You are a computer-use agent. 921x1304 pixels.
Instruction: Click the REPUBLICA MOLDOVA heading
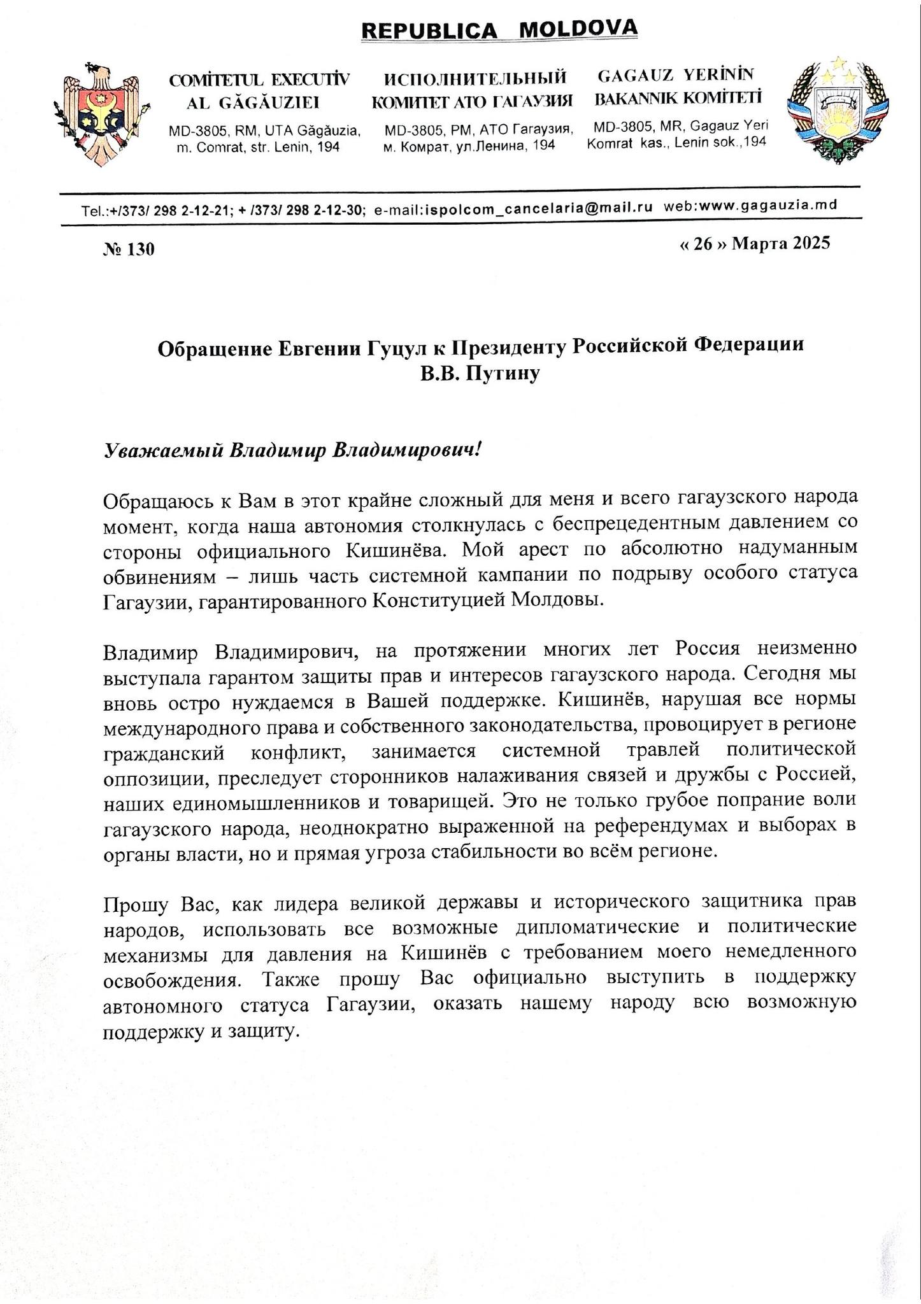point(498,29)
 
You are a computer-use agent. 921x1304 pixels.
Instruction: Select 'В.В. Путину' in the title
point(480,374)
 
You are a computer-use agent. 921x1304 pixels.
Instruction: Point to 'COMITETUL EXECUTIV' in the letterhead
point(259,80)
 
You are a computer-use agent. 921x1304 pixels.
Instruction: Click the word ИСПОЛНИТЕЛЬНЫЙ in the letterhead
point(475,78)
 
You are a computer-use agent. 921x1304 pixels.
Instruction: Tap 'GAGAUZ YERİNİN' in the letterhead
point(675,75)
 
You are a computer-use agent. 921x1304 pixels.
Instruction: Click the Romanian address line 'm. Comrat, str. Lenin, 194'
point(257,148)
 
